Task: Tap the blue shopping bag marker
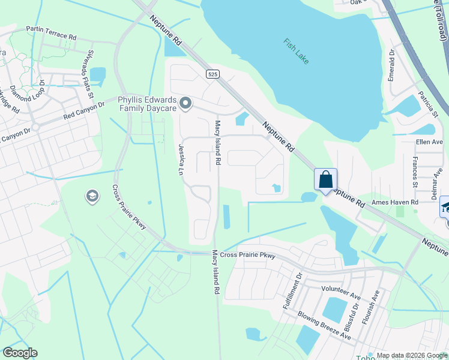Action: click(325, 179)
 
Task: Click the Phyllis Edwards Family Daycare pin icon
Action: click(185, 103)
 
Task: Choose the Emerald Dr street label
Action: click(391, 65)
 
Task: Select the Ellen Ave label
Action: click(429, 142)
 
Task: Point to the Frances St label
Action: click(415, 172)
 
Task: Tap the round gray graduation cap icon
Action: click(92, 196)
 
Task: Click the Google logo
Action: click(20, 353)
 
